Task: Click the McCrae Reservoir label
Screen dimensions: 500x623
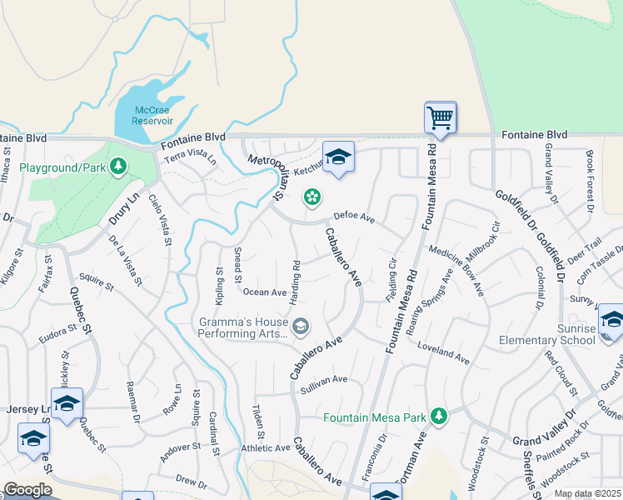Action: [x=152, y=115]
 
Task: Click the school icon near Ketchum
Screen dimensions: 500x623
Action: [x=338, y=157]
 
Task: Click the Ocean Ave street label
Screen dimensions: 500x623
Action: [x=264, y=292]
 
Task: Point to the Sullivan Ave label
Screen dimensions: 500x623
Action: [x=323, y=379]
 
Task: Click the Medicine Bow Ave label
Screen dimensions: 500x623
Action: [x=456, y=270]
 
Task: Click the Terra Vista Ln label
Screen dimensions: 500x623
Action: [x=190, y=157]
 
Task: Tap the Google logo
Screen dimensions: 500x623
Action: [x=27, y=490]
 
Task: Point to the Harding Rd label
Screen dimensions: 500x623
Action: [x=296, y=282]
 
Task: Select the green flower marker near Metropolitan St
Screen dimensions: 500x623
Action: [x=311, y=197]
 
